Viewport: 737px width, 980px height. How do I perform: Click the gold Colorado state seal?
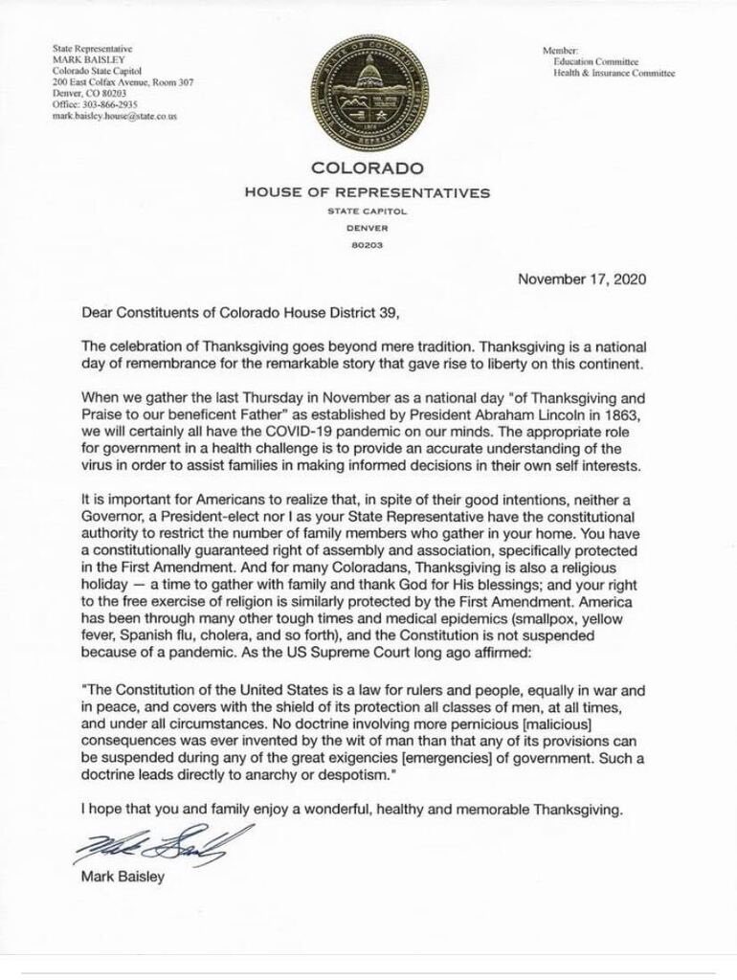(x=368, y=93)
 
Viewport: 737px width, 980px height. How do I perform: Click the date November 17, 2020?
(x=581, y=280)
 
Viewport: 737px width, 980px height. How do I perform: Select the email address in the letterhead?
(x=115, y=117)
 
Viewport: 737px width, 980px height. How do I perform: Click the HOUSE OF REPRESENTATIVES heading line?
(x=368, y=193)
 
